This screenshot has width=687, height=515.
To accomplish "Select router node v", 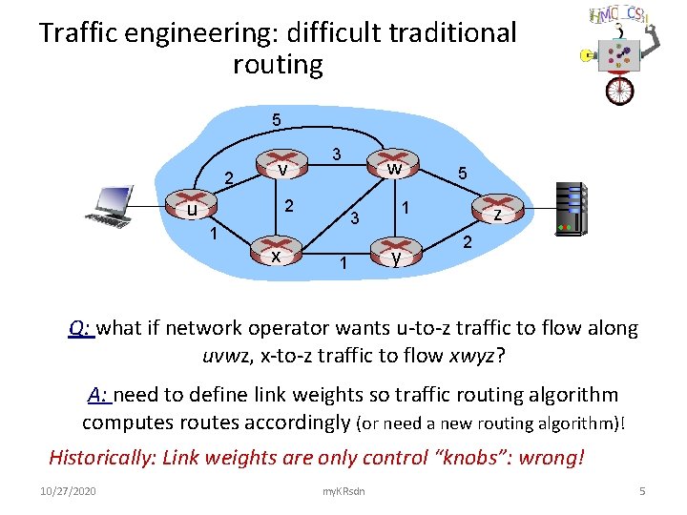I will click(x=282, y=168).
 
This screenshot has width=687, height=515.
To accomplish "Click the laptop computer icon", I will click(x=111, y=206).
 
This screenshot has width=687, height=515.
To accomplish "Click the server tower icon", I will click(x=572, y=208).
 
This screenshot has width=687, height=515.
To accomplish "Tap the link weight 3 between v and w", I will click(x=336, y=153).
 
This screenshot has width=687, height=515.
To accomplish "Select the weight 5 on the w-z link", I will click(x=462, y=175).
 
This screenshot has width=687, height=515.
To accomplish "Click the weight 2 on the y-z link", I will click(x=468, y=241).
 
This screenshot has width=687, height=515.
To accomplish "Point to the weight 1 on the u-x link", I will click(x=215, y=234).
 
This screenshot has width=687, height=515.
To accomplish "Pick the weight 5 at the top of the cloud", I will click(x=276, y=121).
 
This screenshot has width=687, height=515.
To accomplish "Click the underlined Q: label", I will click(x=80, y=328).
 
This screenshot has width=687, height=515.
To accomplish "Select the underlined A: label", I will click(x=99, y=395).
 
